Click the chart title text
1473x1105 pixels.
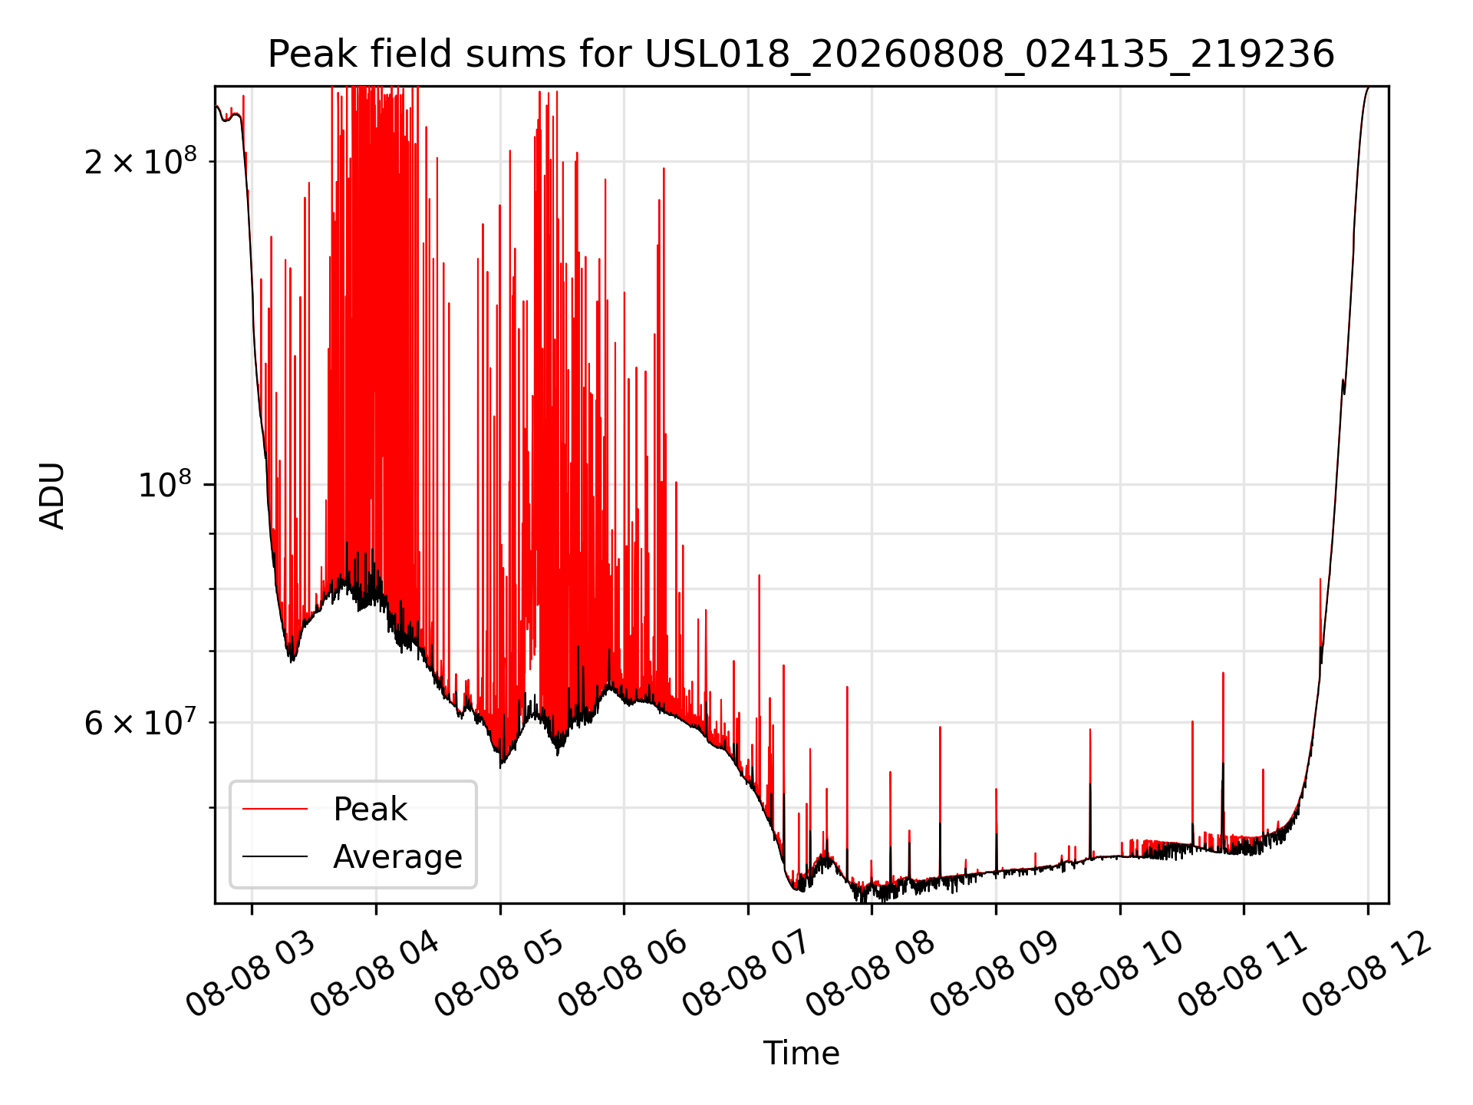pyautogui.click(x=801, y=54)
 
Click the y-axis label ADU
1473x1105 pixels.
pyautogui.click(x=52, y=496)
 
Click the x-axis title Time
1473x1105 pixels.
pyautogui.click(x=801, y=1053)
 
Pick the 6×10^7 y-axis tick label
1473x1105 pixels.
pyautogui.click(x=140, y=722)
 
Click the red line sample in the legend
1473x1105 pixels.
pyautogui.click(x=275, y=809)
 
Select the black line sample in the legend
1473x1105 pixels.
pyautogui.click(x=275, y=856)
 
